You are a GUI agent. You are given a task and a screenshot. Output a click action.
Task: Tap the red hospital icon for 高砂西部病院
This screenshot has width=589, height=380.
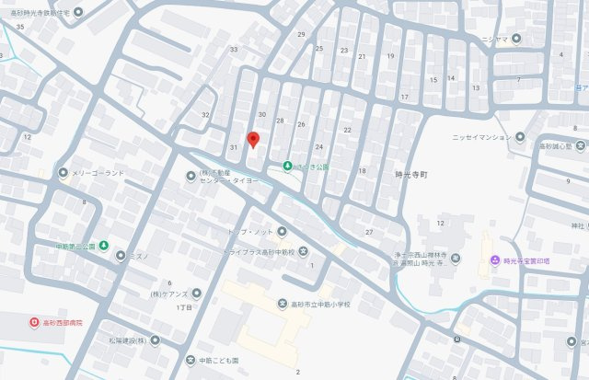tap(21, 323)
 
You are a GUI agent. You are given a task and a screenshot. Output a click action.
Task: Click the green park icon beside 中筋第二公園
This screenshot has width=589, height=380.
tap(104, 246)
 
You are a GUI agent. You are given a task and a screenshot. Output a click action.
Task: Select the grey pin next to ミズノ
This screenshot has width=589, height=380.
tap(120, 255)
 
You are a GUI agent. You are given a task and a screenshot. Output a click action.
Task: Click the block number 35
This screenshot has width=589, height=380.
tap(19, 28)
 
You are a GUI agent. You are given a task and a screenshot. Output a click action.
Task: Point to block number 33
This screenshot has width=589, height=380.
tap(234, 50)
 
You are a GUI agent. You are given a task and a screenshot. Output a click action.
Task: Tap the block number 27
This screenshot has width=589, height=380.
tap(369, 231)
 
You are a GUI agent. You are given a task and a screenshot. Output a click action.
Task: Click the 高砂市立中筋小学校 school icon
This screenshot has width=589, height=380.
tap(283, 304)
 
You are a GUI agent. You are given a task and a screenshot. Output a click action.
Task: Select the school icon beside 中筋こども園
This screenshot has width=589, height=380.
tap(191, 360)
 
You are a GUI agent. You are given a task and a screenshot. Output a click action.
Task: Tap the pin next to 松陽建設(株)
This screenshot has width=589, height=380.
tap(156, 340)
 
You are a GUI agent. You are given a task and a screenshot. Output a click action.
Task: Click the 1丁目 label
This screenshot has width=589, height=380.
tap(183, 307)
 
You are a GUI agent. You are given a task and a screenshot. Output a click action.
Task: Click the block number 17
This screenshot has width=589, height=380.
tap(403, 97)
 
